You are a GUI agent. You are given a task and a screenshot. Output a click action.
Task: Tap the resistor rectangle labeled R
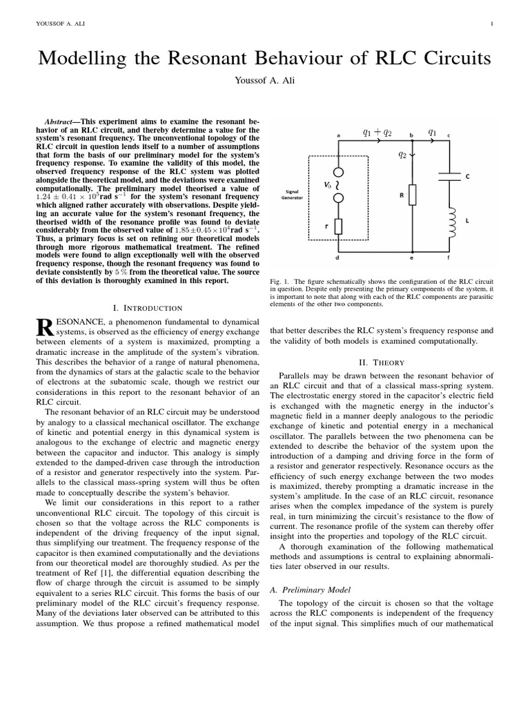[411, 195]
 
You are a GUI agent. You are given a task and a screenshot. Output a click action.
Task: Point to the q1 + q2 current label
[376, 131]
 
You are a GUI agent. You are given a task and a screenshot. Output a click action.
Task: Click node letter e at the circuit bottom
[411, 258]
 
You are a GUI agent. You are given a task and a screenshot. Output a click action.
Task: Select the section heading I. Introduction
[147, 307]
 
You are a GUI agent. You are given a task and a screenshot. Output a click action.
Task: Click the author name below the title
[264, 81]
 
